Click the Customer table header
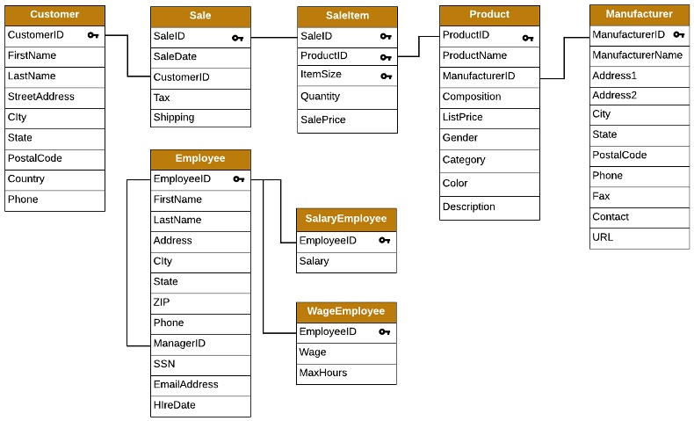[x=54, y=15]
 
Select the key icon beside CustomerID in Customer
[x=93, y=35]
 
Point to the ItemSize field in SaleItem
[x=321, y=75]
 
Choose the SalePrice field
[x=322, y=120]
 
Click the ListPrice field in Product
[x=462, y=117]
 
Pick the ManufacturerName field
[x=637, y=55]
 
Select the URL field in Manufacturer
[x=603, y=237]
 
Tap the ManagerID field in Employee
[x=179, y=343]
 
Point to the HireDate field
[x=174, y=405]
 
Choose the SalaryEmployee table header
[x=345, y=219]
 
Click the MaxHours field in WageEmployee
[x=322, y=373]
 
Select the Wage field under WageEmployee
[x=313, y=352]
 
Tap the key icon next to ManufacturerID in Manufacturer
[x=678, y=35]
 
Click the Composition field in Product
[x=472, y=97]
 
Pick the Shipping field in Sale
[x=173, y=118]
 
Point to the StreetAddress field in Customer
[x=40, y=97]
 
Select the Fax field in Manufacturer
[x=601, y=196]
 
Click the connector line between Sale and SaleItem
[x=274, y=38]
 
